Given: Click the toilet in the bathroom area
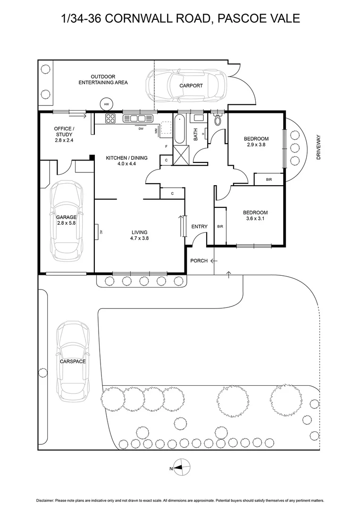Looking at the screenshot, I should coord(217,120).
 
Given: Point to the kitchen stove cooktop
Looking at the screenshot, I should coord(110,119).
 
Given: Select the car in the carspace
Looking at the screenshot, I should coord(72,361).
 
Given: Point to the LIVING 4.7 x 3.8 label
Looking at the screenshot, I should coord(140,235).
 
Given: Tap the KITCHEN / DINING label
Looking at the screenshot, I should coord(126,161).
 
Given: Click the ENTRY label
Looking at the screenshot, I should coord(199,227).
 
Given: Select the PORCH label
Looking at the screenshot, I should coord(199,261).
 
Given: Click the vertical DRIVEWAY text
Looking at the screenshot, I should coord(318,147).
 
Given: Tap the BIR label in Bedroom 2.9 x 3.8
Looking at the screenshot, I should coord(269,180).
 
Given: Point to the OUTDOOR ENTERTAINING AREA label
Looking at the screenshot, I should coord(103,79).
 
